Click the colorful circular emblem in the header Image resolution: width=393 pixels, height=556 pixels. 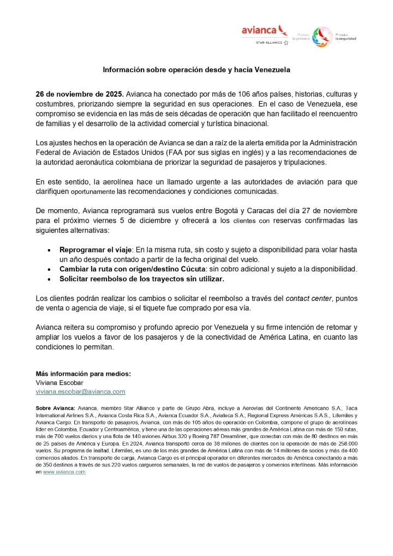coord(323,37)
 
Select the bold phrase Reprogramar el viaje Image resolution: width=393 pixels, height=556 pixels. coord(94,249)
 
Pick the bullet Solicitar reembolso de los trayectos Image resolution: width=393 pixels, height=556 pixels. coord(142,279)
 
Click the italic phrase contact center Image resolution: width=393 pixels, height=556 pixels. coord(307,298)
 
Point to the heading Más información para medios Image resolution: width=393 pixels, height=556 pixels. coord(83,374)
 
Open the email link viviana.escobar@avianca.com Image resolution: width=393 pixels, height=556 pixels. coord(80,392)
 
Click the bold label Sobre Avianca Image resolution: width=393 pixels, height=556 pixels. coord(55,408)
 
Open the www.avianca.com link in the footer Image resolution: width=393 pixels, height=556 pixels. coord(64,472)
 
